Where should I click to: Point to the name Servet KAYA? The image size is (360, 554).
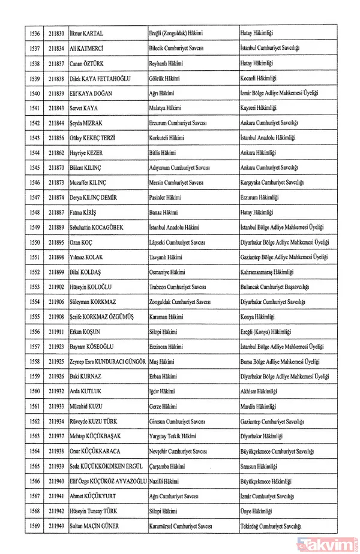(84, 109)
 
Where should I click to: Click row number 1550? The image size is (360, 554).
(35, 242)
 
